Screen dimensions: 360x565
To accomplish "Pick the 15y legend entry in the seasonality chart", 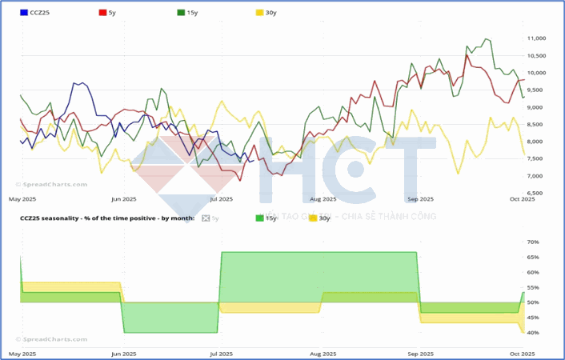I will (265, 218).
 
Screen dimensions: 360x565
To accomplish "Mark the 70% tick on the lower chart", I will (533, 242).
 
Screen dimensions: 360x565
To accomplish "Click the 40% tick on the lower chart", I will (533, 333).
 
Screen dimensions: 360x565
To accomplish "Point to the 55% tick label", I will (533, 287).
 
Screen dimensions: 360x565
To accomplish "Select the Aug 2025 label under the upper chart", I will (322, 198).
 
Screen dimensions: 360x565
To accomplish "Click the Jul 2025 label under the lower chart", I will (222, 353).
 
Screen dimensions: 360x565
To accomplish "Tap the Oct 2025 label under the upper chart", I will (522, 198).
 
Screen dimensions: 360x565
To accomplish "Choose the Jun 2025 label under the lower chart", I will (123, 353).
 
